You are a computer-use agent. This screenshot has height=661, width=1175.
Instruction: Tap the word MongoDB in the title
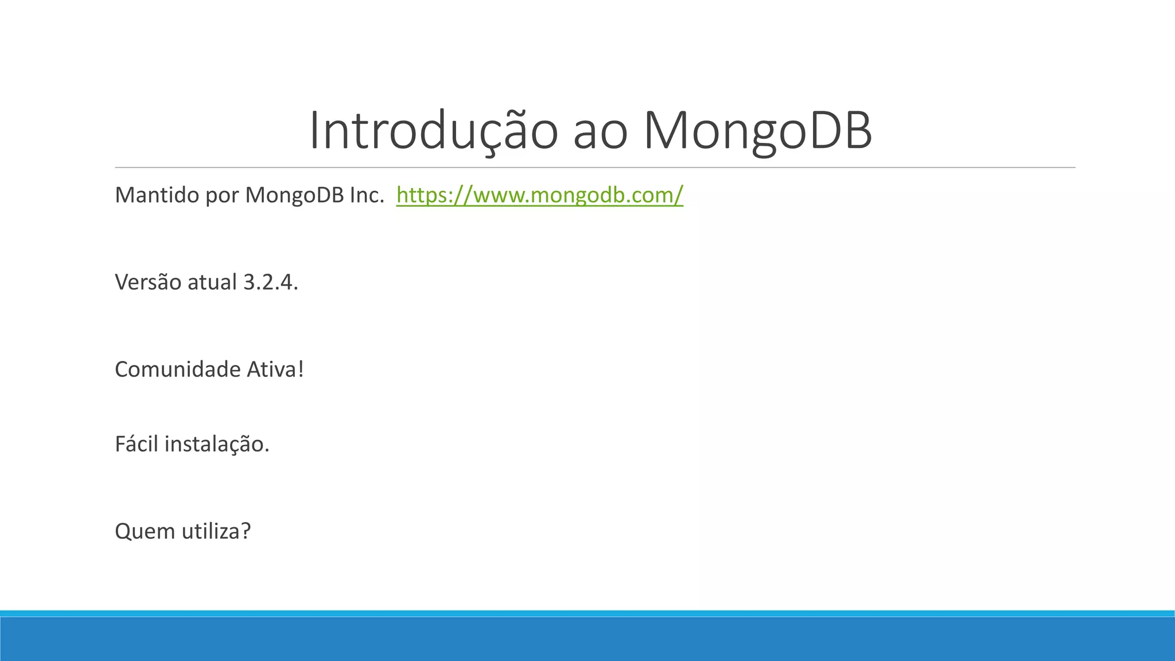[x=757, y=131]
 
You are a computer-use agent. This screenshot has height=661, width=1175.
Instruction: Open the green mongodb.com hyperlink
[x=539, y=195]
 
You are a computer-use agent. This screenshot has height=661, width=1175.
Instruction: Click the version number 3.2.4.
[x=271, y=282]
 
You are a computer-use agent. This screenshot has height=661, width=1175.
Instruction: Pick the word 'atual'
[x=212, y=282]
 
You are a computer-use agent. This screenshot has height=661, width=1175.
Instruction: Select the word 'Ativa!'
[x=275, y=369]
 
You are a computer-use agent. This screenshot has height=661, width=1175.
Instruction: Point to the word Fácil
[x=136, y=444]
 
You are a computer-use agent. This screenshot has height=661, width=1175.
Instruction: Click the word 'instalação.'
[x=217, y=444]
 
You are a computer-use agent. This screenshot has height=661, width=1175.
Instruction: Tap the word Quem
[x=145, y=531]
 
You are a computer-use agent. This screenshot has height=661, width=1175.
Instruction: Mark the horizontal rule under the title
[x=594, y=168]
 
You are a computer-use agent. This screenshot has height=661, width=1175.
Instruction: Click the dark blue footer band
[x=587, y=639]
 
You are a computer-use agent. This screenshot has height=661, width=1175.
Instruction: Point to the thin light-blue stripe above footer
[x=587, y=613]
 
